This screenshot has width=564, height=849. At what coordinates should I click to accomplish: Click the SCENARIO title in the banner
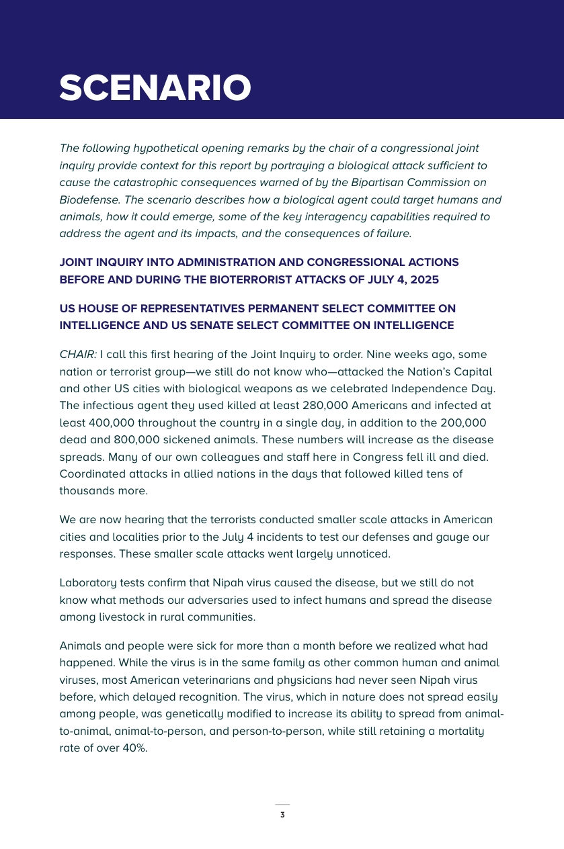tap(155, 88)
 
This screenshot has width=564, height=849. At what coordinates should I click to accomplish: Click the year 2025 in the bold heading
tap(425, 279)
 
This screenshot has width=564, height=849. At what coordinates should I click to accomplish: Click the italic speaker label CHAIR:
tap(78, 355)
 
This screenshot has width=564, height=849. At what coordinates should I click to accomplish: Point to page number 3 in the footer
tap(282, 815)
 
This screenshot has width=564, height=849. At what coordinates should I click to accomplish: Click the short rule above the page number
tap(282, 804)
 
